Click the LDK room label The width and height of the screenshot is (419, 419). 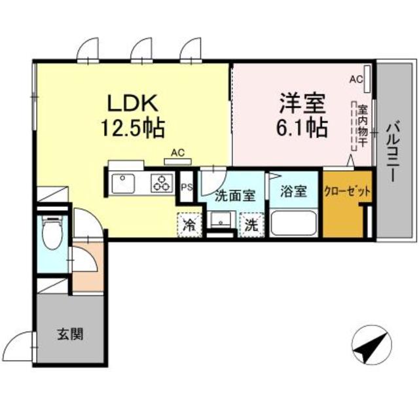(132, 103)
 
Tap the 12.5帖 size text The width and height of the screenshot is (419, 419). (132, 128)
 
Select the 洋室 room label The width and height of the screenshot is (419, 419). (302, 103)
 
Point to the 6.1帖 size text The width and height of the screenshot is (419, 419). (302, 128)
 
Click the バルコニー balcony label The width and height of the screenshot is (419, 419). (393, 151)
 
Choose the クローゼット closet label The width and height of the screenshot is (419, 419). (347, 191)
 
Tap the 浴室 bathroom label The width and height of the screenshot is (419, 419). (293, 191)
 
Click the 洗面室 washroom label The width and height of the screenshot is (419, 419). (236, 196)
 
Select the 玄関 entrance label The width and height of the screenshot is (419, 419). (70, 334)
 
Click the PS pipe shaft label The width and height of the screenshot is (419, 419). (187, 187)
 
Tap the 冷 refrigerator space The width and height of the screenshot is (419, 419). (189, 225)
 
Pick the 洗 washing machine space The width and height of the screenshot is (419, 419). (251, 225)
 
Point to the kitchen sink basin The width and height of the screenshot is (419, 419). (123, 183)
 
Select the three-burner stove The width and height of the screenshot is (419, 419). (162, 183)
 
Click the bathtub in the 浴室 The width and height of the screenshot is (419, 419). (293, 223)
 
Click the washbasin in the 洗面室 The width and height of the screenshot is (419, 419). (221, 220)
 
